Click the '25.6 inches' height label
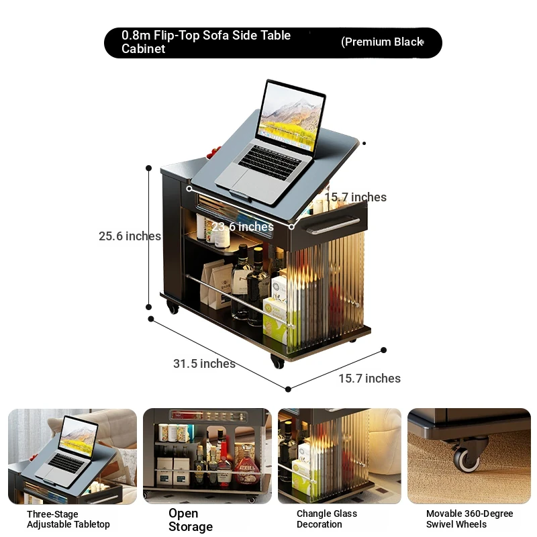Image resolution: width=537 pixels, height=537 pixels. pos(130,236)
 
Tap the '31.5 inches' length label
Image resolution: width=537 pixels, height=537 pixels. pos(204,363)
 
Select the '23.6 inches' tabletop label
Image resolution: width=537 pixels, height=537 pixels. pos(242,226)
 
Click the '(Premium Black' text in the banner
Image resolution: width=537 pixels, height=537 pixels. pos(382,42)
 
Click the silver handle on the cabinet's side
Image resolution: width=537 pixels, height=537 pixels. pos(333,226)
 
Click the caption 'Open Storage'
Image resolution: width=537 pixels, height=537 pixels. pos(191,520)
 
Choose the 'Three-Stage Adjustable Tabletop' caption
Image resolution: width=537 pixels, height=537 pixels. pos(68,519)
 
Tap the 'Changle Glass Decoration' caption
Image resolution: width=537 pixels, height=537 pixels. pos(327,519)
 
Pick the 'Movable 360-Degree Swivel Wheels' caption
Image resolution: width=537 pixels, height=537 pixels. pos(469,519)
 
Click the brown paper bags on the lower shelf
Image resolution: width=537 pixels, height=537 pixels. pos(215,283)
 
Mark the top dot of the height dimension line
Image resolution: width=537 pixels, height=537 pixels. pos(148,168)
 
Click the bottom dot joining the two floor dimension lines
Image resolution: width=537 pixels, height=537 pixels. pos(288,389)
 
